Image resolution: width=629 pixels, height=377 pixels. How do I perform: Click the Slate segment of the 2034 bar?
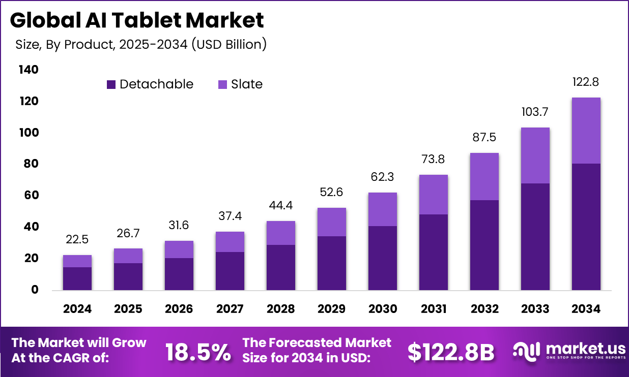click(x=586, y=131)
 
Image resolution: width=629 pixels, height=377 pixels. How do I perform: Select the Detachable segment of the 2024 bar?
click(x=77, y=278)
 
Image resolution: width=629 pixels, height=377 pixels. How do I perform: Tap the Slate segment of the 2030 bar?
click(x=382, y=209)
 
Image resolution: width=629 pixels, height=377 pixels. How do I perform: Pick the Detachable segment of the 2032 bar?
click(x=484, y=245)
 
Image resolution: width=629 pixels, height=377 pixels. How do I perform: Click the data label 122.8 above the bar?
click(x=586, y=82)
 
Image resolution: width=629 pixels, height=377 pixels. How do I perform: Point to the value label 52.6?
click(x=331, y=192)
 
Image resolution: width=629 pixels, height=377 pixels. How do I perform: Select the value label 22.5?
click(x=77, y=239)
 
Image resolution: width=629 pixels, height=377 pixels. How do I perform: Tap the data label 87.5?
click(x=484, y=137)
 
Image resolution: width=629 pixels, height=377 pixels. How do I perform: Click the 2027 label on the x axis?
click(x=230, y=308)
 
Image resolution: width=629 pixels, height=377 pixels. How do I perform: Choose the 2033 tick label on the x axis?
click(x=535, y=308)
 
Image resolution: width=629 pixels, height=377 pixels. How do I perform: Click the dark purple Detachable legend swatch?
click(x=111, y=84)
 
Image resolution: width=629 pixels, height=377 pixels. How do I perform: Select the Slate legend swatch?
click(x=222, y=84)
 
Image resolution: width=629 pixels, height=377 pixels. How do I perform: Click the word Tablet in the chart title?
click(x=144, y=20)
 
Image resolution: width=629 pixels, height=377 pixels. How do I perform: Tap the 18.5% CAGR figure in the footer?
click(x=198, y=352)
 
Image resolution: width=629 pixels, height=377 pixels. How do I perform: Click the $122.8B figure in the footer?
click(x=451, y=352)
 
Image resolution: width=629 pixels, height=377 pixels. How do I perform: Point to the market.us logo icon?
click(x=526, y=351)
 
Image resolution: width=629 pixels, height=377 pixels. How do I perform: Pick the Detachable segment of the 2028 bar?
click(x=280, y=267)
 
